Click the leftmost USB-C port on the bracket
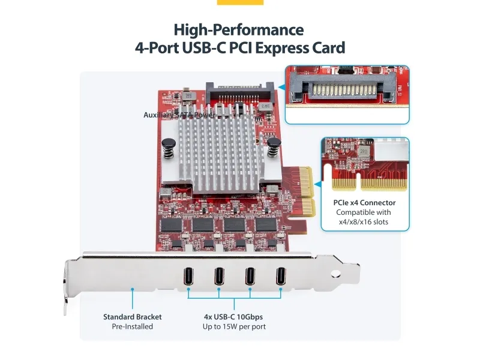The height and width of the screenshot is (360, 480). [x=189, y=277]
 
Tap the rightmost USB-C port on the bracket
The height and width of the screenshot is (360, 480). [x=281, y=277]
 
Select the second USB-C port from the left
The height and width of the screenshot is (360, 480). [x=220, y=277]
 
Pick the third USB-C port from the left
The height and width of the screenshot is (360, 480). [x=250, y=277]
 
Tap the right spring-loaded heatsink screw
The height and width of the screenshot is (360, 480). [x=275, y=146]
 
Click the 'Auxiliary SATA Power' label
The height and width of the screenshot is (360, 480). [x=179, y=115]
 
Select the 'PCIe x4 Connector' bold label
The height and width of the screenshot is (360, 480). [x=364, y=203]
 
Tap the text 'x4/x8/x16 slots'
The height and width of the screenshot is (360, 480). [x=364, y=222]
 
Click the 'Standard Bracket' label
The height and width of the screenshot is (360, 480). [x=132, y=317]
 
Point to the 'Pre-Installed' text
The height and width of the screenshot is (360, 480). [x=132, y=326]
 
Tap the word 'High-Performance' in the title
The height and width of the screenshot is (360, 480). [x=239, y=29]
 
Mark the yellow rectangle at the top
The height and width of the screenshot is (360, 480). [x=240, y=2]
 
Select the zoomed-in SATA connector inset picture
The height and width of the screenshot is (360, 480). [x=347, y=94]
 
